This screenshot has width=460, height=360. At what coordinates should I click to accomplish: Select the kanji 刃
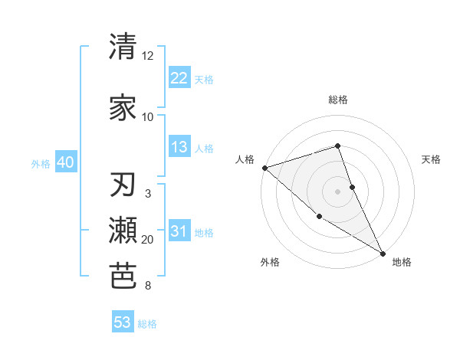point(123,186)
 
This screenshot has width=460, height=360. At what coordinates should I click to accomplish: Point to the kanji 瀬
point(123,230)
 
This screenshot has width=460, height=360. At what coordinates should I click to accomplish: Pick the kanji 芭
point(123,275)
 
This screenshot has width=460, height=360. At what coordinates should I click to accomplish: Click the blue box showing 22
point(179,78)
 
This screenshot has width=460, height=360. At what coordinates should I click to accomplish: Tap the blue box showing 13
point(179,148)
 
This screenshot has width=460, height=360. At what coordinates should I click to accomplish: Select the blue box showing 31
point(179,232)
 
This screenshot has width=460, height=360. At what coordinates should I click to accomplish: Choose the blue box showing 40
point(65,163)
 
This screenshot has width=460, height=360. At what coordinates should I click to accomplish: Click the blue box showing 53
point(123,322)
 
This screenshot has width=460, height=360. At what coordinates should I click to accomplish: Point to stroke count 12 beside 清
point(148,57)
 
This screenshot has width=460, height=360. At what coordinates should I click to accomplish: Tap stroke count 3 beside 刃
point(148,194)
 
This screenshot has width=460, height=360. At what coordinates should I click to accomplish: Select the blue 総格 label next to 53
point(147,324)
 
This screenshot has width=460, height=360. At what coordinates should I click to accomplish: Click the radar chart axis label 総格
point(337,100)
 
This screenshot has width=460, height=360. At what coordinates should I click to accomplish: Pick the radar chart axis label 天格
point(432,159)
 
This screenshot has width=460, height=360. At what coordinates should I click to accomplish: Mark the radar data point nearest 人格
point(264,167)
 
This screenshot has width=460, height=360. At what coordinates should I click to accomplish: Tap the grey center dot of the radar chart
point(337,191)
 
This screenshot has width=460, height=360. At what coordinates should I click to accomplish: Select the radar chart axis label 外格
point(270,262)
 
